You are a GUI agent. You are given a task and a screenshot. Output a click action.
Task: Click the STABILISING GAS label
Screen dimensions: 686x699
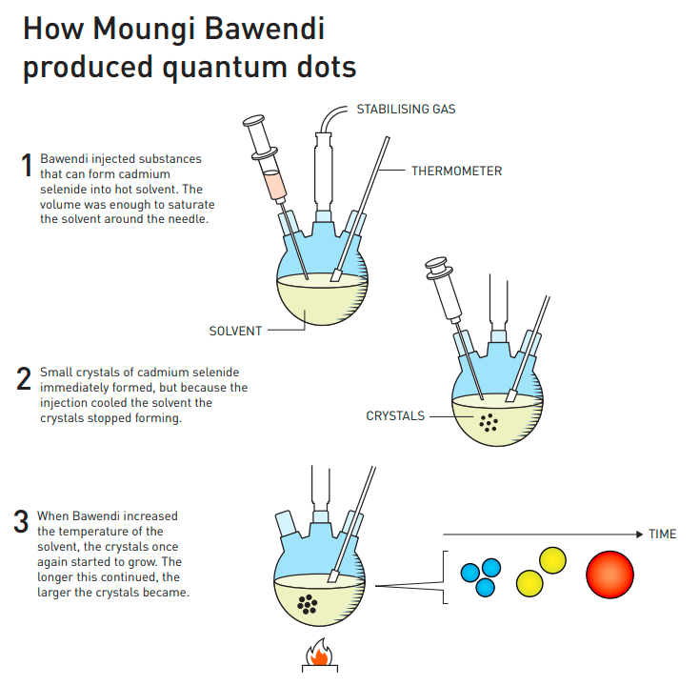(406, 109)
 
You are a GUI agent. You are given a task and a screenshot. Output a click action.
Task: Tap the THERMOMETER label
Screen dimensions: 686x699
(456, 171)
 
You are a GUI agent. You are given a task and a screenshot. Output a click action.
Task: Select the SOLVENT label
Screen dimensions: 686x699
(235, 332)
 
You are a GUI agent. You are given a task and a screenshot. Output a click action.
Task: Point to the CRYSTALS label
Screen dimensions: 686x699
(395, 416)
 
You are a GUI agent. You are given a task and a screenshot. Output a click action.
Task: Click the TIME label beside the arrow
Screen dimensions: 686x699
(662, 534)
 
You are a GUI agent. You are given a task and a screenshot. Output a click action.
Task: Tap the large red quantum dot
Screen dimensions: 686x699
(609, 575)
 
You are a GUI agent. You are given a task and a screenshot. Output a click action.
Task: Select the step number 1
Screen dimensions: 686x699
(27, 166)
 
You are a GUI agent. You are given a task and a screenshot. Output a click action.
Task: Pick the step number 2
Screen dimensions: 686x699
(25, 379)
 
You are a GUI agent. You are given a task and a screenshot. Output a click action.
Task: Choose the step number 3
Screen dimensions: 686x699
(21, 522)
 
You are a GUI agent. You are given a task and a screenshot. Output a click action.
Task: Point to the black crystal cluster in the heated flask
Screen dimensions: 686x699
(308, 602)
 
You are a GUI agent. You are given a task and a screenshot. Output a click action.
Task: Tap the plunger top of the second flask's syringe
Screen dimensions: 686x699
(436, 262)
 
